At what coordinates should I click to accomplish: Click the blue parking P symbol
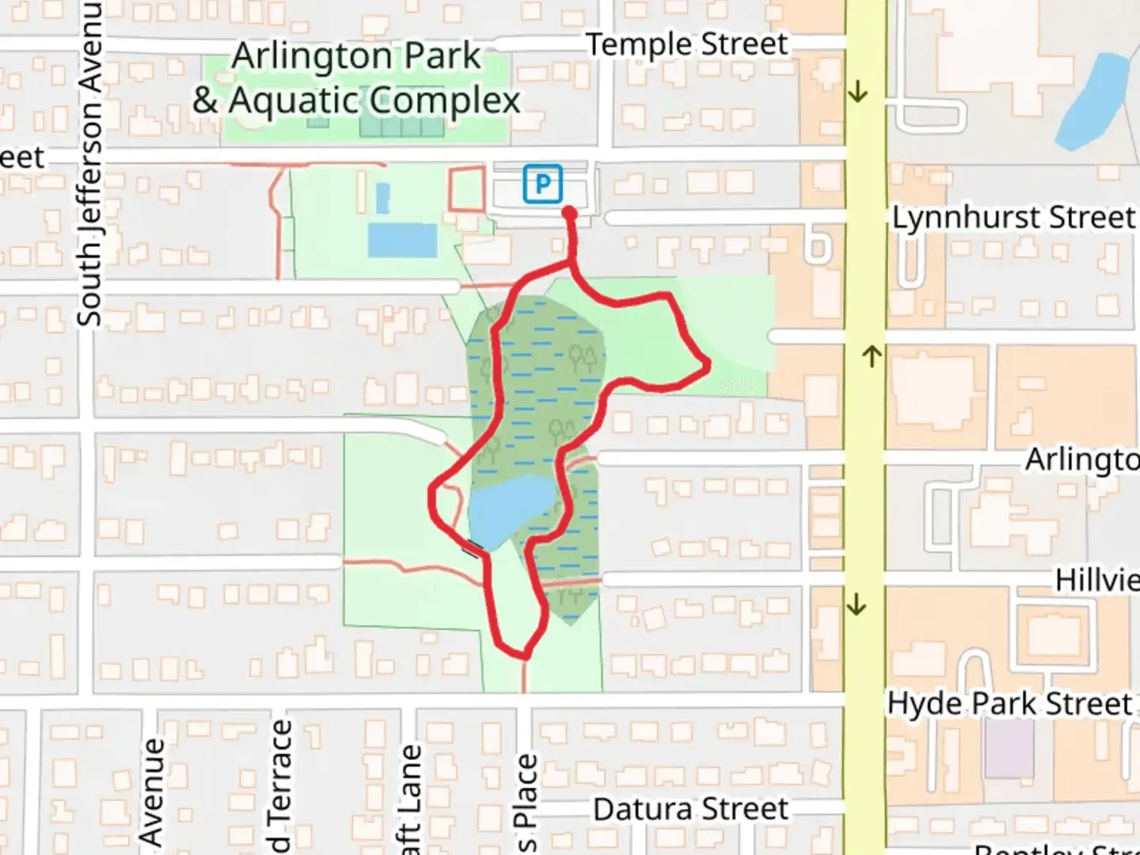coord(542,184)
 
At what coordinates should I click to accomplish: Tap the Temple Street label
coord(686,44)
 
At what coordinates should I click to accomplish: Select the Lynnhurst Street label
coord(1013,218)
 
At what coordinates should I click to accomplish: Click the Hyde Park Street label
coord(1009,703)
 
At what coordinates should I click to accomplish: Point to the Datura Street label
coord(690,809)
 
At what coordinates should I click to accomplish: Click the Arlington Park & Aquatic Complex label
coord(356,78)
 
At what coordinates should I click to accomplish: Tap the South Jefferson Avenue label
coord(89,162)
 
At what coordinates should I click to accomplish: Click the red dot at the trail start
coord(569,213)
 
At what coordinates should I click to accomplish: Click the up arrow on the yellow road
coord(871,356)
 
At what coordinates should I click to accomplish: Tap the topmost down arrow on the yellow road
coord(857,93)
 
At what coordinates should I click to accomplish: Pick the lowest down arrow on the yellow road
coord(857,606)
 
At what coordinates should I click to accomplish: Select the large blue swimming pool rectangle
coord(402,240)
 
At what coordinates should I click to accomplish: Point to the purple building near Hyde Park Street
coord(1009,749)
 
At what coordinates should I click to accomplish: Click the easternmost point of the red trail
coord(709,363)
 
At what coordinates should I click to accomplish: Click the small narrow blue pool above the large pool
coord(382,197)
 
